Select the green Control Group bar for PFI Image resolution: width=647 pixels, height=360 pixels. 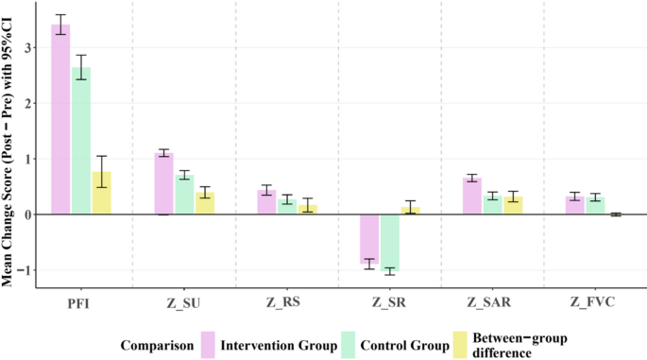click(81, 141)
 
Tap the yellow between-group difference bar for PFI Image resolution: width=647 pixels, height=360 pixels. click(101, 194)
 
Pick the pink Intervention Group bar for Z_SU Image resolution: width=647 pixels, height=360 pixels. click(163, 184)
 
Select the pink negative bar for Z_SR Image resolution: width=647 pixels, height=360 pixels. click(369, 238)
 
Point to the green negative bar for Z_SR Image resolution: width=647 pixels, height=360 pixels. click(389, 243)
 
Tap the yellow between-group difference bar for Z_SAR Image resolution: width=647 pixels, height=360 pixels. click(513, 206)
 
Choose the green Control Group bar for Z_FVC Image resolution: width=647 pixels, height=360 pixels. click(595, 206)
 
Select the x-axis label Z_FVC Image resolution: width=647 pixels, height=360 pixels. click(595, 302)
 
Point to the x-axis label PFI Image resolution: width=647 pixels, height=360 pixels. click(81, 302)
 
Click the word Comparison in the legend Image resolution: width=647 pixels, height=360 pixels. click(154, 345)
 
